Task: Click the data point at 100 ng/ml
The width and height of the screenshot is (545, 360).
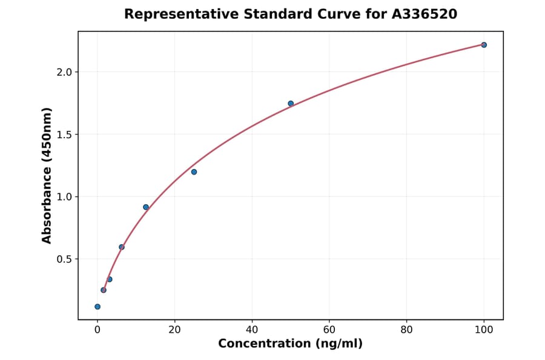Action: (x=484, y=45)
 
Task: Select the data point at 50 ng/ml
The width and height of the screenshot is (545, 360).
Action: (x=291, y=104)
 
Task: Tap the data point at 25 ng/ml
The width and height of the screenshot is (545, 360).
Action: (x=194, y=172)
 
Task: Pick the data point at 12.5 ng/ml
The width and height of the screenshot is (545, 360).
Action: (x=146, y=207)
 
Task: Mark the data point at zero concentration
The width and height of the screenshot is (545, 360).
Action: (x=97, y=307)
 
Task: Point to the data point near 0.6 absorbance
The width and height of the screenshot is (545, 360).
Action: (x=122, y=247)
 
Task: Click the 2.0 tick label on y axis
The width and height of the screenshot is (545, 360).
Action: (x=64, y=72)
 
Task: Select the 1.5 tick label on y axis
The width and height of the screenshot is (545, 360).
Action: (x=64, y=135)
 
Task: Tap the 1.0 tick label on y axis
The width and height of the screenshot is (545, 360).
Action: (x=64, y=197)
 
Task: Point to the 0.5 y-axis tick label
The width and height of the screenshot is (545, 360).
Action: (x=64, y=259)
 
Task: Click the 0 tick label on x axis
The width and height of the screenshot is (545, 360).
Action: (x=97, y=330)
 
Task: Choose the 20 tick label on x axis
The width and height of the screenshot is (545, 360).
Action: (x=174, y=330)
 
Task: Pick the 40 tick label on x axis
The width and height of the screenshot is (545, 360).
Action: (x=252, y=330)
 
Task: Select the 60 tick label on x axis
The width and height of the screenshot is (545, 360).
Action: (x=329, y=330)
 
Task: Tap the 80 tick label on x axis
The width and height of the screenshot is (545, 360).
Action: (x=406, y=330)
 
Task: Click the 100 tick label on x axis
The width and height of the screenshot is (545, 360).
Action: (x=484, y=330)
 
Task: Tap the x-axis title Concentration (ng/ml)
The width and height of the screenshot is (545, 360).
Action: (x=290, y=344)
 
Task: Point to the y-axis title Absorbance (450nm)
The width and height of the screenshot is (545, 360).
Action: (x=47, y=175)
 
